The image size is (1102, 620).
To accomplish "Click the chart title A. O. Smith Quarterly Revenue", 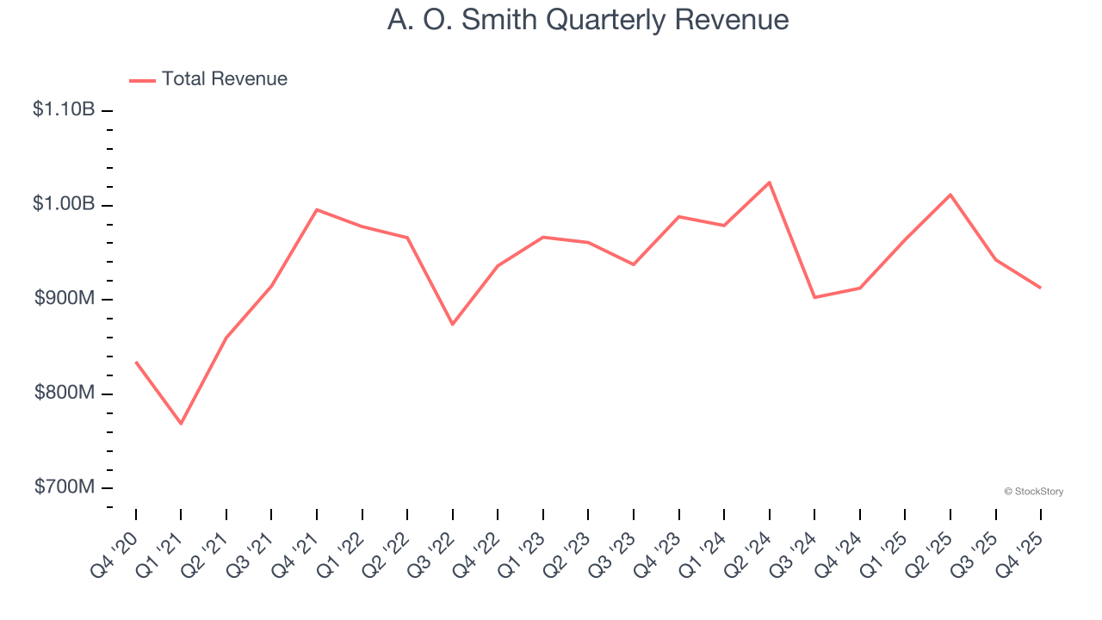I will tap(588, 20).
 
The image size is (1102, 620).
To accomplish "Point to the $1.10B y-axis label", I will tap(64, 110).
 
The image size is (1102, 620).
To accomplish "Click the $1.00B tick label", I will tap(64, 204).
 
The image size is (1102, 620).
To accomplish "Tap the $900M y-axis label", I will tap(64, 299).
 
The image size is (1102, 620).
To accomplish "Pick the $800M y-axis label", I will tap(64, 393).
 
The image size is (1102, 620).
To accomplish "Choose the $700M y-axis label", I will tap(64, 487).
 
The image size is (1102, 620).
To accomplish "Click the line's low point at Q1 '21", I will tap(181, 424).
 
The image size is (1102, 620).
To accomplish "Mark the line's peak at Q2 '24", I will tap(769, 183).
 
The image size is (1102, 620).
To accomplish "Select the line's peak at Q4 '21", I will tap(317, 209).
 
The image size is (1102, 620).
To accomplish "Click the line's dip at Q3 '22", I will tap(453, 324).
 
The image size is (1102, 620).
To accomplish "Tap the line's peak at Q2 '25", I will tap(950, 195).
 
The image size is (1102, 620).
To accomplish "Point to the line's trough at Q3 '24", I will tap(814, 297).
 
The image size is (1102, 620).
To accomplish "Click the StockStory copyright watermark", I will tap(1033, 492).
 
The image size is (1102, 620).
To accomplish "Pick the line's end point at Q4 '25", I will tap(1040, 288).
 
